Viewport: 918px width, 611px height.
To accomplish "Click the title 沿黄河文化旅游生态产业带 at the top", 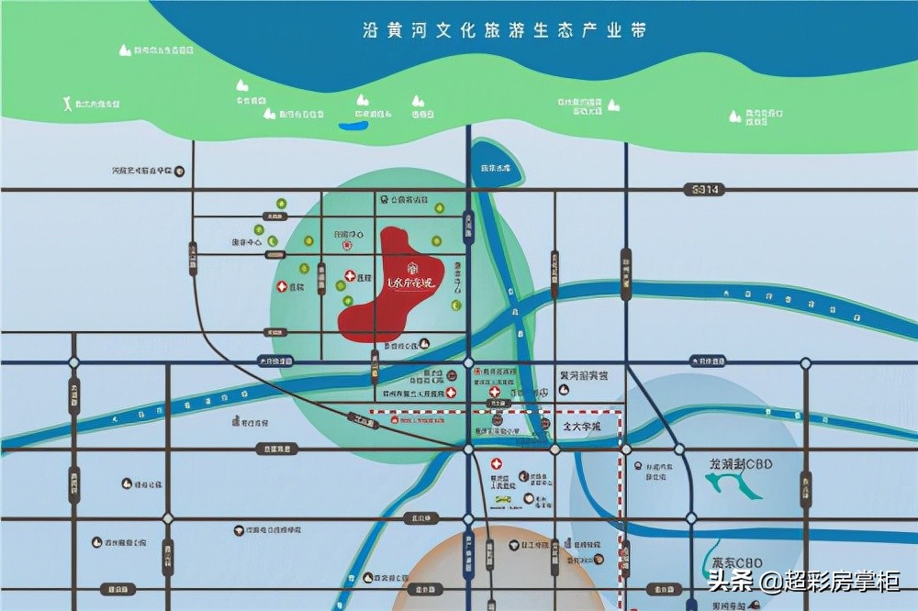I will pos(504,30).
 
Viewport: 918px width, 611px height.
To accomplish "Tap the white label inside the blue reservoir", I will pos(495,168).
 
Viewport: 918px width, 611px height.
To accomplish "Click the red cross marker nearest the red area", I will pos(350,276).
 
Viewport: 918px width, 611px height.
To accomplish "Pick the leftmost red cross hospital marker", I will pos(282,287).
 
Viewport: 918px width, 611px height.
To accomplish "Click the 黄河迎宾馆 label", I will pos(584,375).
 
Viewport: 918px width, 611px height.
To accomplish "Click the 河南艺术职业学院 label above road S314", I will pos(142,171).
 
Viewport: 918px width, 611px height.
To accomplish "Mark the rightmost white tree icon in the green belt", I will pos(734,116).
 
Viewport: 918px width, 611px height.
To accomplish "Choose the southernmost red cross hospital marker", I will pos(497,464).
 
